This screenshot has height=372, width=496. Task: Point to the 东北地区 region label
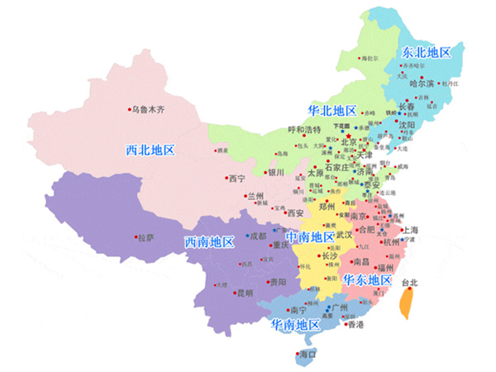click(427, 51)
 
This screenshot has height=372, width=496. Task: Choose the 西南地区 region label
click(207, 242)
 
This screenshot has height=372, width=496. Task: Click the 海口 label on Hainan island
click(308, 355)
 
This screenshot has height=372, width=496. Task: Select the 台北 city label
click(408, 283)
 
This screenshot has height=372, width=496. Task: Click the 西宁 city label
click(237, 178)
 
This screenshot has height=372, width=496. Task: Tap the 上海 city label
click(410, 230)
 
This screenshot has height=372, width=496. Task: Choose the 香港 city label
click(355, 325)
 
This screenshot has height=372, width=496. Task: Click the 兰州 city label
click(257, 197)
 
